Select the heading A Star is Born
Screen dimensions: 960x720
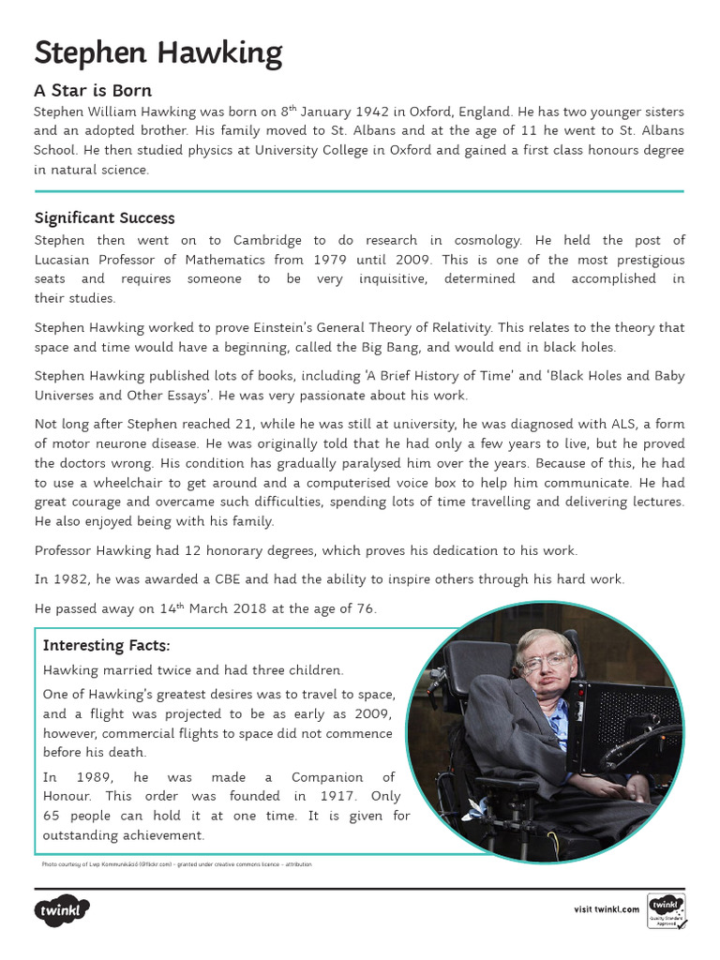pos(93,91)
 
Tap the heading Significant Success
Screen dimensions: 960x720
pos(104,217)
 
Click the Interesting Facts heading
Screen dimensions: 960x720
pos(107,645)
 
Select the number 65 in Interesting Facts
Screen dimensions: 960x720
pos(52,816)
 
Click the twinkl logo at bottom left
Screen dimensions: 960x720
pos(62,909)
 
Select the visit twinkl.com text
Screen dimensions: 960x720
pos(607,909)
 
